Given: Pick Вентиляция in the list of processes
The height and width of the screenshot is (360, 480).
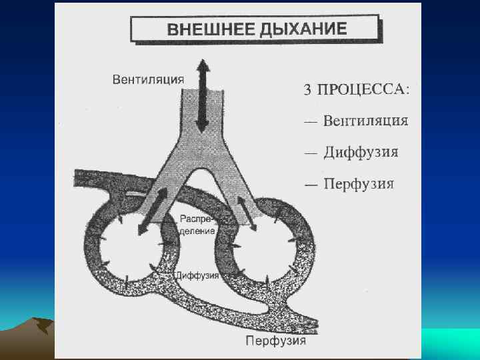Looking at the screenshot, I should (x=365, y=121).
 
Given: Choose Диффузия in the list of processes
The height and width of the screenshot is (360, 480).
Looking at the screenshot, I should (x=361, y=152).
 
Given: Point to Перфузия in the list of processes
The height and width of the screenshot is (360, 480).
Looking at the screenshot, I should (x=359, y=183).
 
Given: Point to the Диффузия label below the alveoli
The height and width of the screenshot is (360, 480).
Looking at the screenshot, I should (x=195, y=274).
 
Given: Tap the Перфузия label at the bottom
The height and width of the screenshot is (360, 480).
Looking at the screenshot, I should (x=275, y=341).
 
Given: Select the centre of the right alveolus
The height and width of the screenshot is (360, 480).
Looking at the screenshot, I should (x=260, y=252).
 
